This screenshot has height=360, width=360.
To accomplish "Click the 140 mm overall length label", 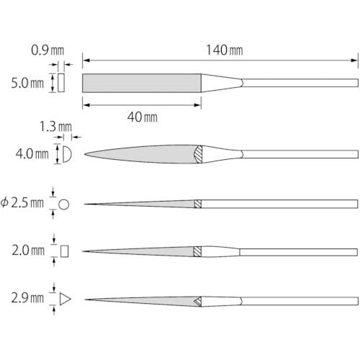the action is click(225, 50).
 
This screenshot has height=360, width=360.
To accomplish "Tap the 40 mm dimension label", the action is click(143, 117).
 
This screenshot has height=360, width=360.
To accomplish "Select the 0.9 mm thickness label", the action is click(48, 50).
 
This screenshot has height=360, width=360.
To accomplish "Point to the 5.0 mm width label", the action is click(27, 83).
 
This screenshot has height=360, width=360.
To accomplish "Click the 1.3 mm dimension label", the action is click(55, 127).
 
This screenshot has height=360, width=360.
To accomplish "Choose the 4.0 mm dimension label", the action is click(32, 154).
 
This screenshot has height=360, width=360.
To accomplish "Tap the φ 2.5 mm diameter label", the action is click(22, 203).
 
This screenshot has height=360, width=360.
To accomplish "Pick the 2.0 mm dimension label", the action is click(28, 251).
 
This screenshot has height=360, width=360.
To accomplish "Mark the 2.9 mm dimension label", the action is click(27, 298).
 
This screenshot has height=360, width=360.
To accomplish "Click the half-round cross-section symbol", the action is click(67, 154).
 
